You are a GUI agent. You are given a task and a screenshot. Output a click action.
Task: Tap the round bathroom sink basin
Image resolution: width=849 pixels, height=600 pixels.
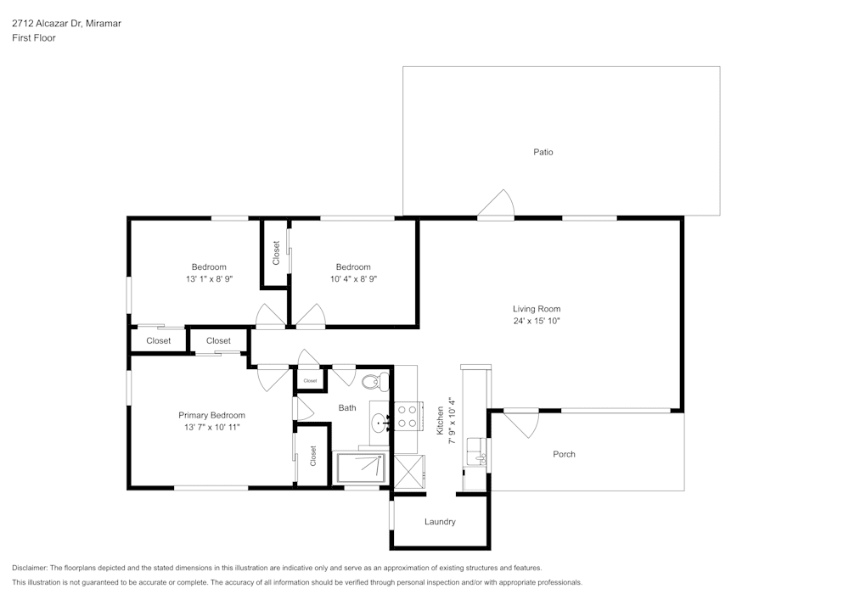(x=379, y=420)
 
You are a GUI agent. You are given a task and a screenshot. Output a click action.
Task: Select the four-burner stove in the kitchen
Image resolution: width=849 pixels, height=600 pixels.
(x=407, y=415)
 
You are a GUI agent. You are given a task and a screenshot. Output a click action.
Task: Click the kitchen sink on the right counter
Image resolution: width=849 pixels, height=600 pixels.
(x=480, y=458)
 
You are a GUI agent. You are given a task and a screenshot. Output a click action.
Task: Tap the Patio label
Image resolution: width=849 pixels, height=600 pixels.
(x=543, y=152)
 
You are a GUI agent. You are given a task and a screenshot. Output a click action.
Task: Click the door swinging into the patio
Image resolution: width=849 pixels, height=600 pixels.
(x=497, y=205)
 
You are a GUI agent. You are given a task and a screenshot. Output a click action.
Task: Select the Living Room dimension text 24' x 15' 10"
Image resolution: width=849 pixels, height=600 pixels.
(x=537, y=321)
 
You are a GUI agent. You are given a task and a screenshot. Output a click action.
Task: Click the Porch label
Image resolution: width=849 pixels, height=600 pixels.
(x=564, y=454)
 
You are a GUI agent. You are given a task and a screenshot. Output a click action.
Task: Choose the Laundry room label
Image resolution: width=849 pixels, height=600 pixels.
(x=440, y=522)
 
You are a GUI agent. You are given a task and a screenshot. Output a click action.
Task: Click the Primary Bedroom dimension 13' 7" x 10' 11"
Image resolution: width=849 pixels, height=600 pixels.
(x=211, y=428)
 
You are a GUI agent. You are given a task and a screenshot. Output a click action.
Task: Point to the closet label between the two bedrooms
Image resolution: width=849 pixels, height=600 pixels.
(x=276, y=253)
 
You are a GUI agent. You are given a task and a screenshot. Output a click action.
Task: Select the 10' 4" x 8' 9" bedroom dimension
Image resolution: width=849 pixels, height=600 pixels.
(x=353, y=278)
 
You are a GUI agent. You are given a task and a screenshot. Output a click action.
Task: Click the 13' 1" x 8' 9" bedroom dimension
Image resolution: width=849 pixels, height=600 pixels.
(x=209, y=278)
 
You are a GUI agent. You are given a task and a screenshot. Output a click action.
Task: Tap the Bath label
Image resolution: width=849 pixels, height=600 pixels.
(x=347, y=408)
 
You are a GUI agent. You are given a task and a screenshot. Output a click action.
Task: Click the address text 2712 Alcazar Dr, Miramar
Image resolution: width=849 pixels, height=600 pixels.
(x=66, y=24)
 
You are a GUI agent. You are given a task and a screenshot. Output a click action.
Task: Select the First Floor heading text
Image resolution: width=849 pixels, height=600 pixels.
(x=34, y=38)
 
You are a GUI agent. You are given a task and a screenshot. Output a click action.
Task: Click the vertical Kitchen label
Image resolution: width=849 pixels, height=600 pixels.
(x=441, y=419)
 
